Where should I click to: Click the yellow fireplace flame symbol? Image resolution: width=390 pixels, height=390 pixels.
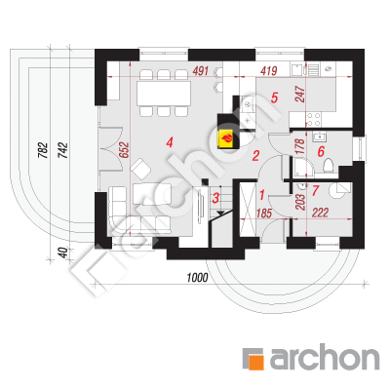(x=226, y=138)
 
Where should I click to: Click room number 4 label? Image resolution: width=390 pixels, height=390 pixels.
(x=170, y=142)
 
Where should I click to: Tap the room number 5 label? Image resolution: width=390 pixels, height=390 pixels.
(x=275, y=97)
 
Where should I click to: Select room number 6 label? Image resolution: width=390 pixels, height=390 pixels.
(x=321, y=151)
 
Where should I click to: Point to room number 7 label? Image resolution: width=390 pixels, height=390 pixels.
(x=315, y=191)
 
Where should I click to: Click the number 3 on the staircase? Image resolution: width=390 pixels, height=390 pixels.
(x=215, y=198)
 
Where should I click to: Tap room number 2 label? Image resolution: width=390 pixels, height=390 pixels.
(x=255, y=156)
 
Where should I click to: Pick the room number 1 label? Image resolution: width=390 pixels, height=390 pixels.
(x=261, y=195)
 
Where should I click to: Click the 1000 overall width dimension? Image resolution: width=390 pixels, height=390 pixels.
(x=197, y=278)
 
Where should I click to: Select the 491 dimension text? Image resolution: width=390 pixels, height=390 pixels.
(x=200, y=71)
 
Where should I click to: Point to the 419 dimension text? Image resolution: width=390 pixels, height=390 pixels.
(x=268, y=71)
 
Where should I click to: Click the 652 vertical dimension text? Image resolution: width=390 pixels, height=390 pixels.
(x=124, y=150)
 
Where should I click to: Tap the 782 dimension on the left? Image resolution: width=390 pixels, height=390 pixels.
(x=43, y=150)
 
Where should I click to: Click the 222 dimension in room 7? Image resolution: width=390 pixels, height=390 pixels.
(x=320, y=213)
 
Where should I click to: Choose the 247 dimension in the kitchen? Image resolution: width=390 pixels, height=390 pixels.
(x=300, y=95)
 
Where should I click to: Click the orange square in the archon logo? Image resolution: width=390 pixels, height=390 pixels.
(x=255, y=361)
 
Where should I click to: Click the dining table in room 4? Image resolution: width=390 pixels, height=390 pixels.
(x=164, y=94)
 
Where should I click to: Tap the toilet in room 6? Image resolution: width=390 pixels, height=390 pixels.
(x=329, y=165)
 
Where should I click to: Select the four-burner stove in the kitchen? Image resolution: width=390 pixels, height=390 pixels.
(x=314, y=119)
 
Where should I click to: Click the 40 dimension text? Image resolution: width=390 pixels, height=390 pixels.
(x=64, y=253)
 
